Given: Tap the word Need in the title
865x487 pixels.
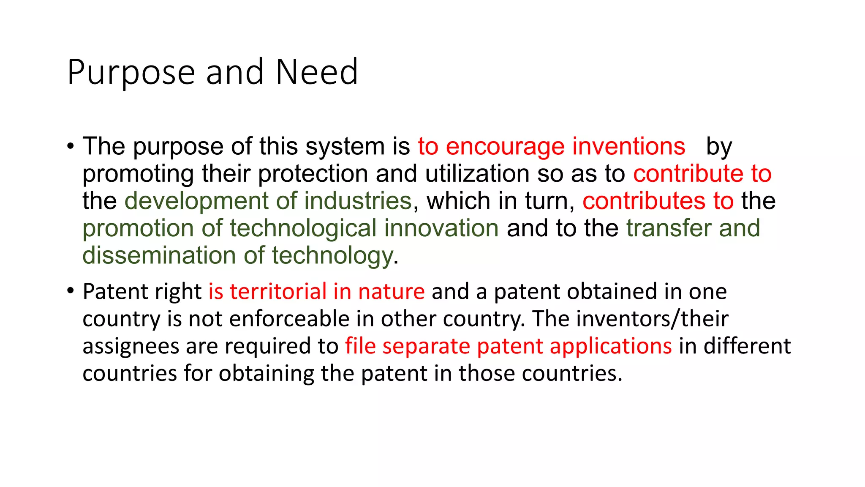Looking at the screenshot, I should [x=317, y=72].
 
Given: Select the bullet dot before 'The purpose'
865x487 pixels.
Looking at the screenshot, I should [x=70, y=147].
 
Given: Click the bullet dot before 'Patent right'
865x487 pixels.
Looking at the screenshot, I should [x=70, y=291].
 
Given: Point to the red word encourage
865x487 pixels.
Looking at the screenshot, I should [x=505, y=147].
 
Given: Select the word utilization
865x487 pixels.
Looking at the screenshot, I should [x=477, y=174].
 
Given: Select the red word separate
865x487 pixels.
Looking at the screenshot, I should [x=426, y=346].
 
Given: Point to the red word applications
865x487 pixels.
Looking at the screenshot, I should [x=611, y=346].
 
